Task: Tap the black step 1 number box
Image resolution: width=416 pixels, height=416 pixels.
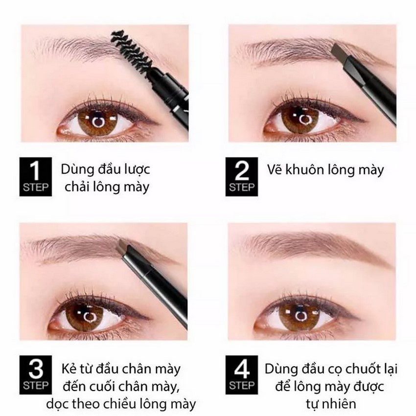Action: (x=36, y=176)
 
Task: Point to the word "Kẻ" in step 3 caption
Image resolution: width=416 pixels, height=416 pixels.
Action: (x=69, y=368)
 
